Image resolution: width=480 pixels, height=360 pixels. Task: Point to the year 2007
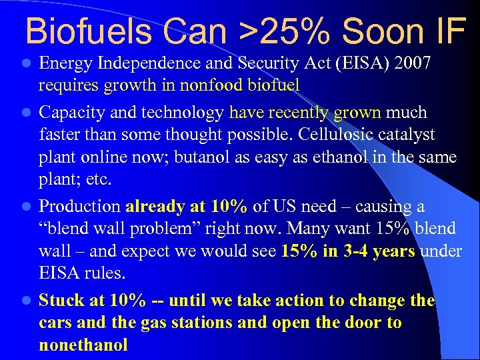[412, 64]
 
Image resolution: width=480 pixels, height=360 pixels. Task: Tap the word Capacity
[72, 112]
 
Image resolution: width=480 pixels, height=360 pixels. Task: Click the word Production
[80, 207]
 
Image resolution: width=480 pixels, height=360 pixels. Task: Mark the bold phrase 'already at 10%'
[186, 207]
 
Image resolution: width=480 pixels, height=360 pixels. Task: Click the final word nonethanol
[83, 345]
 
